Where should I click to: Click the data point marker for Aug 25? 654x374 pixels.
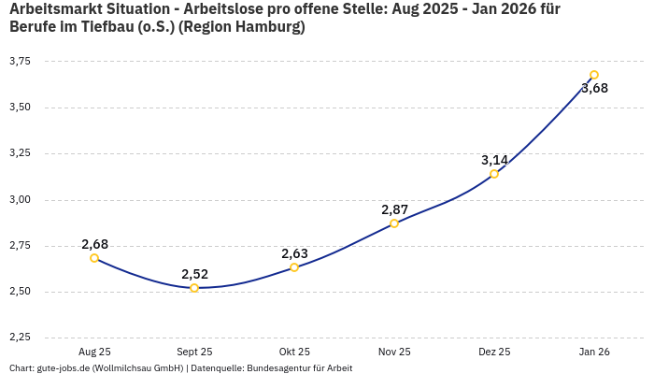[x=94, y=258]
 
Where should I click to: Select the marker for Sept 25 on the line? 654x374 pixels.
[x=194, y=288]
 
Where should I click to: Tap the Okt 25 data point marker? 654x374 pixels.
[x=294, y=267]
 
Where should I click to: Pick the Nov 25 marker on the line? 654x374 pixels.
[x=394, y=223]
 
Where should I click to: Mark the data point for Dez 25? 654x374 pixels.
[x=494, y=174]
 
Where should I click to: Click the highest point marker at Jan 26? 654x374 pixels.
[x=594, y=75]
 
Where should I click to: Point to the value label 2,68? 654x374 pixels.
[x=94, y=244]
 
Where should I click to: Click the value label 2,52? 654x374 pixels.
[x=194, y=274]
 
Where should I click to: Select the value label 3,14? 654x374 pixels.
[x=494, y=160]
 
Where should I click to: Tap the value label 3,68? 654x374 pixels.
[x=594, y=89]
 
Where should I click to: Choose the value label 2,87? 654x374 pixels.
[x=394, y=209]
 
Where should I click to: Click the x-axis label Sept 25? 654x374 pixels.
[x=194, y=352]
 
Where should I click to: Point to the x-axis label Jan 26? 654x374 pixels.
[x=594, y=352]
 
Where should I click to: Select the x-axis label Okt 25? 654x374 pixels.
[x=294, y=352]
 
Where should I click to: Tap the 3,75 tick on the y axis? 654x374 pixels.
[x=20, y=61]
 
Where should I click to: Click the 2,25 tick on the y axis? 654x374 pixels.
[x=20, y=338]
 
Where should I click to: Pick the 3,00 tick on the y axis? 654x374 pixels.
[x=20, y=199]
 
